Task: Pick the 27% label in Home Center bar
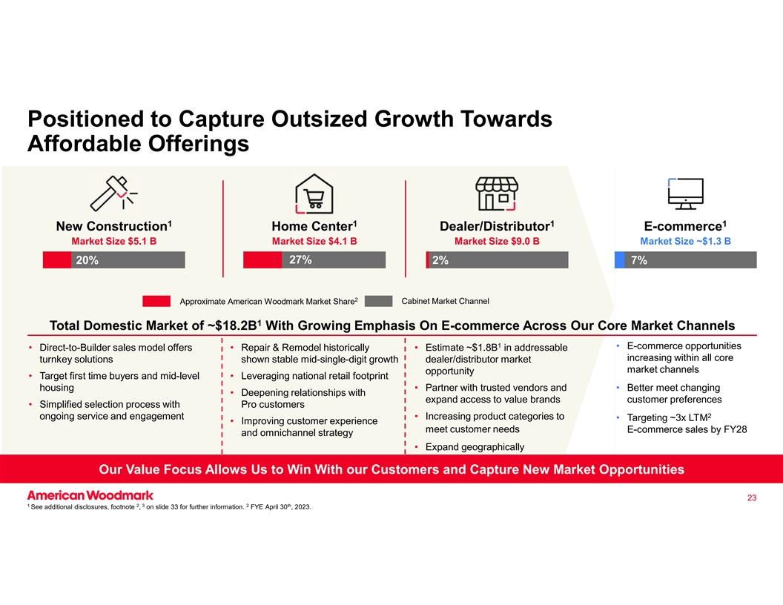tap(300, 259)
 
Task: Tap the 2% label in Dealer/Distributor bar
tap(440, 260)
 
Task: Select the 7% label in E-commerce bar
tap(638, 260)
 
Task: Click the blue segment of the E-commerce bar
tap(619, 259)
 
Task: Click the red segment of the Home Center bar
tap(262, 259)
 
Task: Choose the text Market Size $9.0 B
tap(497, 241)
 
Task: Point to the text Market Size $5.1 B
tap(113, 241)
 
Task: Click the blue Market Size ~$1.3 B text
tap(685, 241)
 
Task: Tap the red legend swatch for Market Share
tap(156, 301)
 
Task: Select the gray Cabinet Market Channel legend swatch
tap(378, 301)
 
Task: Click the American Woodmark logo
tap(90, 495)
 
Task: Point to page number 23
tap(751, 497)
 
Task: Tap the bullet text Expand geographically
tap(475, 447)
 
